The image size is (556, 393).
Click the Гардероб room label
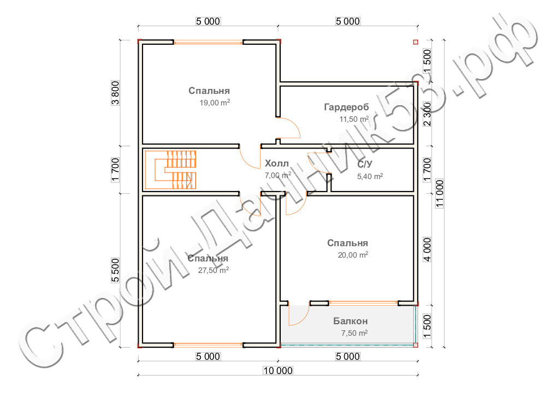(x=346, y=106)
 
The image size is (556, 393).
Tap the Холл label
(x=277, y=163)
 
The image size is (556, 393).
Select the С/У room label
(x=365, y=164)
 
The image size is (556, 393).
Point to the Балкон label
(x=350, y=321)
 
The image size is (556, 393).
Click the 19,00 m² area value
(x=215, y=103)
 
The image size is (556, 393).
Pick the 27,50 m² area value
(x=214, y=270)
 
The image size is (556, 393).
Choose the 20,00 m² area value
(x=353, y=255)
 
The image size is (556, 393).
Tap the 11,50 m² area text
(x=354, y=119)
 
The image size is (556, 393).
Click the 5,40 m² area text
(x=370, y=176)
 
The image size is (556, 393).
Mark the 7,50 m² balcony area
(x=354, y=333)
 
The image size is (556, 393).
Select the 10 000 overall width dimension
(x=278, y=371)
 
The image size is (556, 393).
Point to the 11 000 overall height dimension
(x=440, y=193)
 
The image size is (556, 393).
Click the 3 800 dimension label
(x=116, y=93)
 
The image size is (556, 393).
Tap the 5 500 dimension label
(x=116, y=270)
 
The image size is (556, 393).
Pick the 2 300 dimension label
(x=427, y=114)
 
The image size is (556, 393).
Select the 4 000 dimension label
(x=427, y=249)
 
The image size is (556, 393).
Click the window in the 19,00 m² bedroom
(x=208, y=42)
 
